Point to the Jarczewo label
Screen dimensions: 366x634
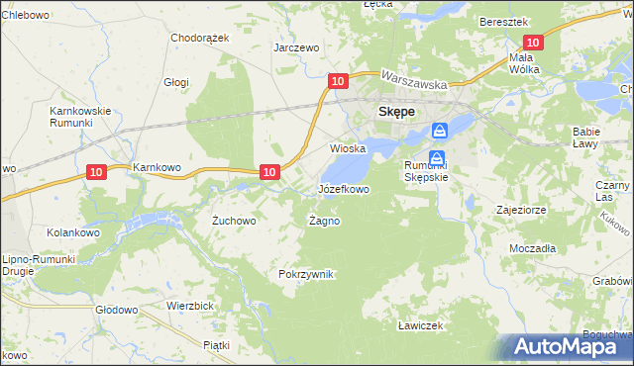[296, 47]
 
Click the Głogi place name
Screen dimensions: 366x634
[176, 83]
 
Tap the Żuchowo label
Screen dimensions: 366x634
[235, 222]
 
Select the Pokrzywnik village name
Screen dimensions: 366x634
[308, 274]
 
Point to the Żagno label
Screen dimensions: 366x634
[325, 221]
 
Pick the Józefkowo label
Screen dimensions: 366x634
[343, 188]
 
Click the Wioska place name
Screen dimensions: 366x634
[348, 148]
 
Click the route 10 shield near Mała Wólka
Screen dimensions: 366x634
[533, 43]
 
